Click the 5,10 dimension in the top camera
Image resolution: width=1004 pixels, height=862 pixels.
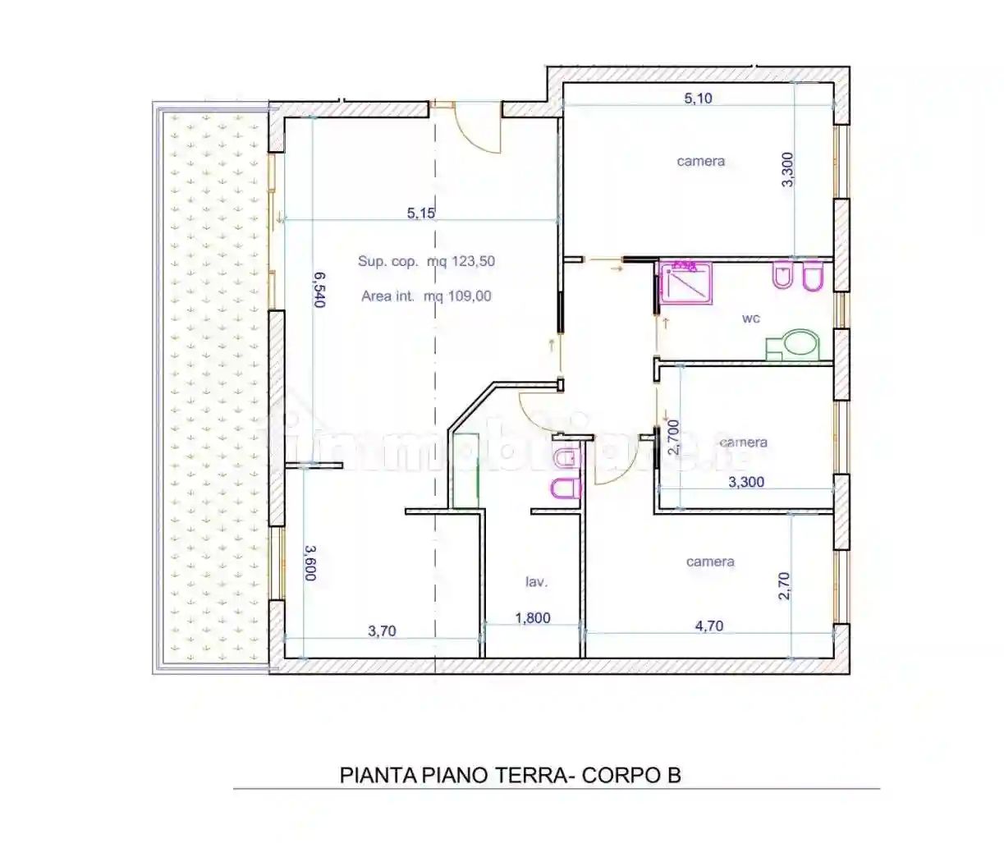click(x=698, y=99)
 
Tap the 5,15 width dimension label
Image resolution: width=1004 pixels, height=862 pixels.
click(x=420, y=213)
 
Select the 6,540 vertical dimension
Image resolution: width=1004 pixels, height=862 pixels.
click(x=319, y=290)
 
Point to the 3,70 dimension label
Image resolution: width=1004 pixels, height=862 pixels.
click(x=382, y=630)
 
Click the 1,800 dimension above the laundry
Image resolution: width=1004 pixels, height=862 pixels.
click(x=532, y=617)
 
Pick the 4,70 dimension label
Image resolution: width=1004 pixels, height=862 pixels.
click(x=709, y=626)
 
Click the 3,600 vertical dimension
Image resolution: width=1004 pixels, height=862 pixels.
click(x=310, y=563)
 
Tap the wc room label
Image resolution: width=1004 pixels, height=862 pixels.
click(x=750, y=319)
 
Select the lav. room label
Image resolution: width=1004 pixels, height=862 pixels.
click(x=536, y=582)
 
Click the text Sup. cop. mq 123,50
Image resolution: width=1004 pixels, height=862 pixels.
click(x=426, y=261)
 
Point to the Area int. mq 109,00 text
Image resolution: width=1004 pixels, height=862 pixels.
click(x=426, y=296)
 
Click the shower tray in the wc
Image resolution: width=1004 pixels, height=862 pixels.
click(x=685, y=283)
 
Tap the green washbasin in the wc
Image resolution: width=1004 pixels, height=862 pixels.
click(x=793, y=345)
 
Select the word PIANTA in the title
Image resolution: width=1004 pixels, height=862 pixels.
click(x=378, y=776)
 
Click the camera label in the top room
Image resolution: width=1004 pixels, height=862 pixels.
click(x=700, y=161)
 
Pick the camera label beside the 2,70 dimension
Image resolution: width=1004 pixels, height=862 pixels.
click(x=709, y=562)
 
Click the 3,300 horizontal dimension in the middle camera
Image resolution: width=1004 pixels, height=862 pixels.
click(x=746, y=482)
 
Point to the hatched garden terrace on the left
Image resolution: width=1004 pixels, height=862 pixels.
click(x=213, y=387)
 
